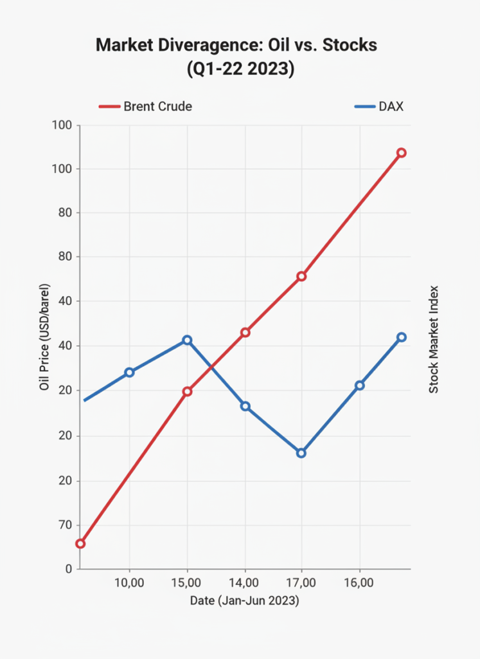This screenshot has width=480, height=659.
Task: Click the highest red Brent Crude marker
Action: (x=401, y=153)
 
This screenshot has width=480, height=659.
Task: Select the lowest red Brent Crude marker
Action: (x=80, y=544)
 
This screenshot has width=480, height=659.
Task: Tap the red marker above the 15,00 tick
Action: (x=187, y=391)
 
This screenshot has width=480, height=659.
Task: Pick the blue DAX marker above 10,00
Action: (x=129, y=372)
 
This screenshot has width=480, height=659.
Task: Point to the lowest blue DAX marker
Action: (x=301, y=453)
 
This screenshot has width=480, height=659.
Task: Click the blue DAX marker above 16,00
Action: (x=359, y=385)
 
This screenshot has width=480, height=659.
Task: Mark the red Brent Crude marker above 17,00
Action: (x=301, y=276)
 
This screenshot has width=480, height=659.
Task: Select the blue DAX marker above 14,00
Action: (x=245, y=406)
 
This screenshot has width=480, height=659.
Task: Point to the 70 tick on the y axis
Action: (x=64, y=525)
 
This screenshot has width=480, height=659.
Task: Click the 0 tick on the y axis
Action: (x=67, y=570)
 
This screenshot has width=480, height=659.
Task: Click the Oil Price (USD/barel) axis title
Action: (x=44, y=336)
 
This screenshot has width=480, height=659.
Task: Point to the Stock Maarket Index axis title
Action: (x=434, y=339)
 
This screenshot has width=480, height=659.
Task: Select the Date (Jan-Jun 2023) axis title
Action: (x=245, y=601)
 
